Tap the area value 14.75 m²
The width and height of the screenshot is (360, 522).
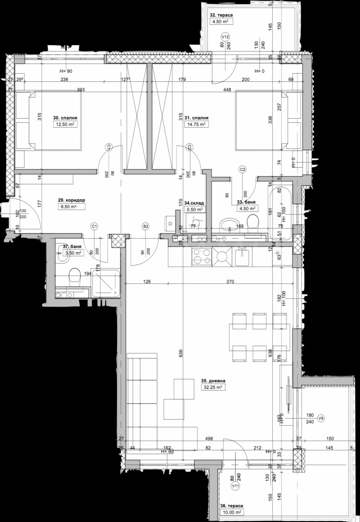click(196, 125)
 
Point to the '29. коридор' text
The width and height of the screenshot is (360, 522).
click(72, 201)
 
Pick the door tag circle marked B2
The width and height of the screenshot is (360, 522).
click(145, 226)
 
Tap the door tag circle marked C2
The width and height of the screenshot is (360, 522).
click(243, 170)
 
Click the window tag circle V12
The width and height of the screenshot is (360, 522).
click(225, 36)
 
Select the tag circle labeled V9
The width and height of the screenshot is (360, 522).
click(321, 418)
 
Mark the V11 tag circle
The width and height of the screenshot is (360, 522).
click(234, 486)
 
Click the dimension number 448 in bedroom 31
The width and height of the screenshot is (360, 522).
click(226, 90)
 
